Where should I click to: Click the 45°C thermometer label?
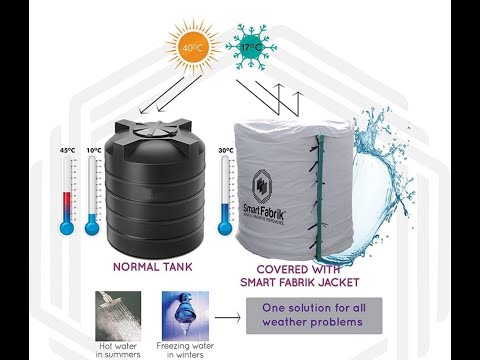67,151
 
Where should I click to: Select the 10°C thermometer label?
94,151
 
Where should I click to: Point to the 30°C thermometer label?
226,151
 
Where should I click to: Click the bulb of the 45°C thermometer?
67,227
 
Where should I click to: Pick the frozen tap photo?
185,310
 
